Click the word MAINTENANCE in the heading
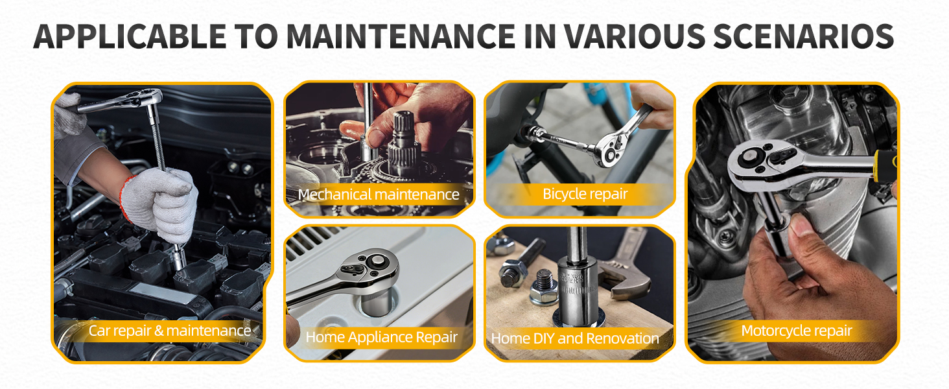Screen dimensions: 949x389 click(x=401, y=36)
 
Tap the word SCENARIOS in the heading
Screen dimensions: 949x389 click(x=804, y=36)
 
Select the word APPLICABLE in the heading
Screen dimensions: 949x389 click(x=130, y=36)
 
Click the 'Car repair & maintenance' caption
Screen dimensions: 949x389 click(x=170, y=331)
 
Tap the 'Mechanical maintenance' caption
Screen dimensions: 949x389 click(x=379, y=194)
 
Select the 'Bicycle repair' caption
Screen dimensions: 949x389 click(x=585, y=194)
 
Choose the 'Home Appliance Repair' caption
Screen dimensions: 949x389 click(x=381, y=337)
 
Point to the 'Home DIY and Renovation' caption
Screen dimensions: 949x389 click(x=575, y=338)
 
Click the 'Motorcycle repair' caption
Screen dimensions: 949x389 click(x=797, y=331)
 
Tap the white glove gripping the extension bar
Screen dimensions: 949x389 click(x=163, y=204)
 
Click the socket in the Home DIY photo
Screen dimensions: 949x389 click(x=578, y=292)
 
